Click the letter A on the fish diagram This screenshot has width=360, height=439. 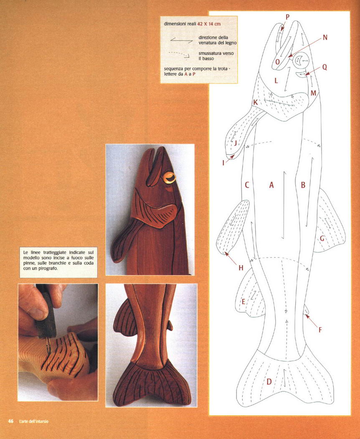tap(271, 185)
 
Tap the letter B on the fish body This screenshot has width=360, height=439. tap(303, 185)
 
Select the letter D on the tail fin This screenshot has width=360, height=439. tap(269, 382)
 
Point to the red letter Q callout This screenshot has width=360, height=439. tap(325, 67)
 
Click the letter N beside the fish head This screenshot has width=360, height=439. tap(325, 38)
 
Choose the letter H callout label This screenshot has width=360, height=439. tap(241, 268)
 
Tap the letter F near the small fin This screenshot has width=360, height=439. tap(320, 330)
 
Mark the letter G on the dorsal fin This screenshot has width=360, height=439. tap(322, 239)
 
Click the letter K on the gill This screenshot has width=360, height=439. tap(256, 102)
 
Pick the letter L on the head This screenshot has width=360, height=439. tap(276, 81)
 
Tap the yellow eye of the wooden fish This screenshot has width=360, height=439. tap(169, 178)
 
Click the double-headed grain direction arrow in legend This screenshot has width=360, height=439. tap(181, 40)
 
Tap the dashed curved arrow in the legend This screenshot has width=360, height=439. tap(179, 54)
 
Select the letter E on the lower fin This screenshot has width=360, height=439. tap(243, 301)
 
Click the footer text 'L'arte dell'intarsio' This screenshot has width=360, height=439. tap(33, 421)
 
